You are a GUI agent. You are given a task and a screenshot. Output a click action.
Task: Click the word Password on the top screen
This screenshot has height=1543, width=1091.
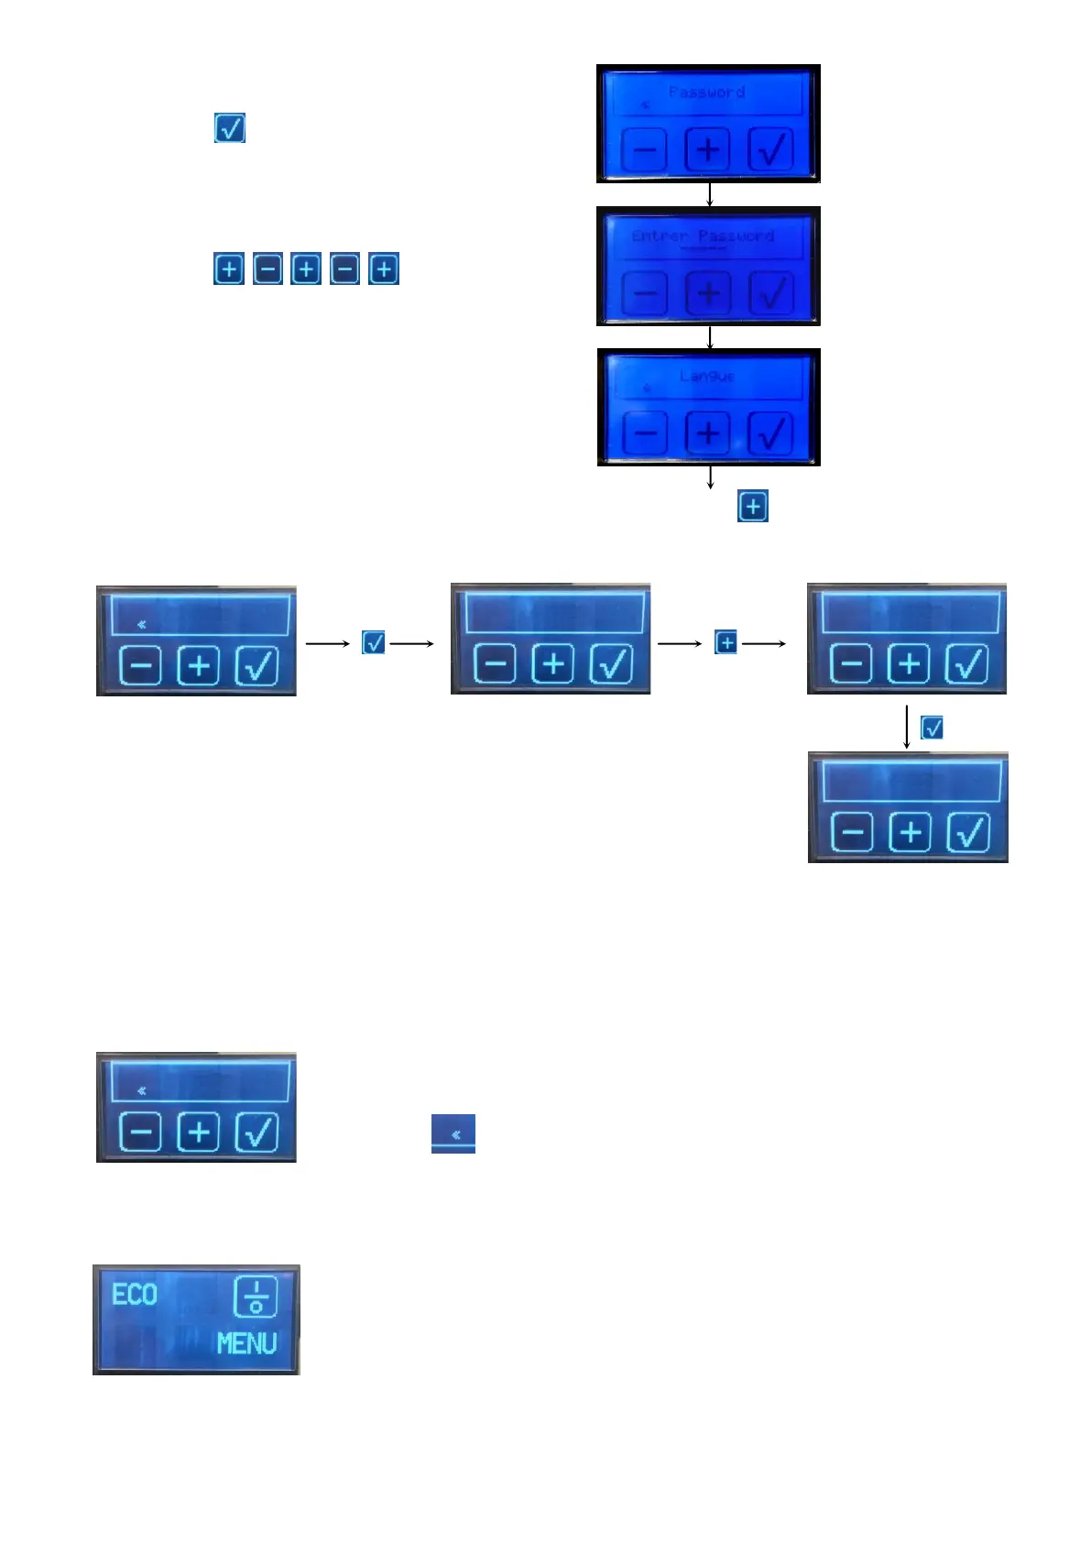point(706,92)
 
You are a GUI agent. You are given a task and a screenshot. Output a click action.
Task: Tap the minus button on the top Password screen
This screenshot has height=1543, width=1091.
point(645,149)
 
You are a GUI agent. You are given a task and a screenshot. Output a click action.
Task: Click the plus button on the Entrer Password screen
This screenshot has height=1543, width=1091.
point(708,293)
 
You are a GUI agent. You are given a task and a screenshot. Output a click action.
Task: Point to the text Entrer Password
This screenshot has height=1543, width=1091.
point(703,235)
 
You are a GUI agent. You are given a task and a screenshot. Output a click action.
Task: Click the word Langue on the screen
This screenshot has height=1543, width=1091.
point(707,376)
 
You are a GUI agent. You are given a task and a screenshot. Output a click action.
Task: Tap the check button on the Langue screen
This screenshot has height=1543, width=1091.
point(770,433)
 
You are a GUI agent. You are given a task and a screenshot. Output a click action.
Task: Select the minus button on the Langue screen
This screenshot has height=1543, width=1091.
point(645,433)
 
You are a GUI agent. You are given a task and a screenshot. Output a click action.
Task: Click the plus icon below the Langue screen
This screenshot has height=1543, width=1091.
point(753,507)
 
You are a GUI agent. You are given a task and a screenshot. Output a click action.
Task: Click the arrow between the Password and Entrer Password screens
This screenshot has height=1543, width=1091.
point(710,194)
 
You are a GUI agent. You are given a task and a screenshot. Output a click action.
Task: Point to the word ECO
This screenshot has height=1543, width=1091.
point(135,1295)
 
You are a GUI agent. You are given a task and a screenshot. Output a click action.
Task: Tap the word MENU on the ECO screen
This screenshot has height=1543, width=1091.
point(246,1343)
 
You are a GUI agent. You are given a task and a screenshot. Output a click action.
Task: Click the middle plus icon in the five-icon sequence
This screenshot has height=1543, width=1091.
point(306,269)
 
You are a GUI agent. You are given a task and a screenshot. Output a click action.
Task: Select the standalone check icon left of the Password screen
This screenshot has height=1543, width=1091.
point(230,128)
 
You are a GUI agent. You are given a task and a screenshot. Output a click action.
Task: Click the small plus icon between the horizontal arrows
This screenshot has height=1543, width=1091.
point(726,642)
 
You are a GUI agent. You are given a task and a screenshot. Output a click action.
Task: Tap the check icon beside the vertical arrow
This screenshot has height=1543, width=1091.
point(932,728)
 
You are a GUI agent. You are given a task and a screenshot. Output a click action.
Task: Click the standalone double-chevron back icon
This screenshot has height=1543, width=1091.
point(453,1133)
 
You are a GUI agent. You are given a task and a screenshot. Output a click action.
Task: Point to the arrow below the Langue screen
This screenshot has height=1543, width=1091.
point(710,477)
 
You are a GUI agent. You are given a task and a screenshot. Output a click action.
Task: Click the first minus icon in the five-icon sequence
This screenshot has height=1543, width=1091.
point(267,269)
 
